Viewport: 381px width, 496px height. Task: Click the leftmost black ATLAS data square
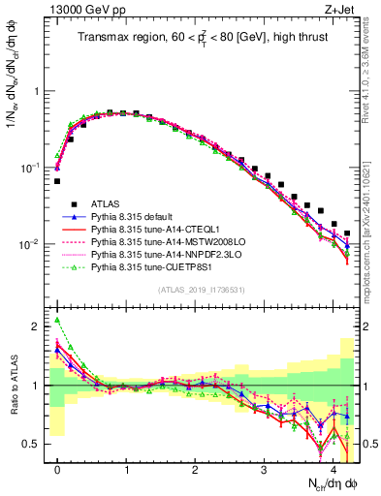tap(58, 181)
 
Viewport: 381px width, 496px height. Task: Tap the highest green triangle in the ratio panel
tap(58, 321)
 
